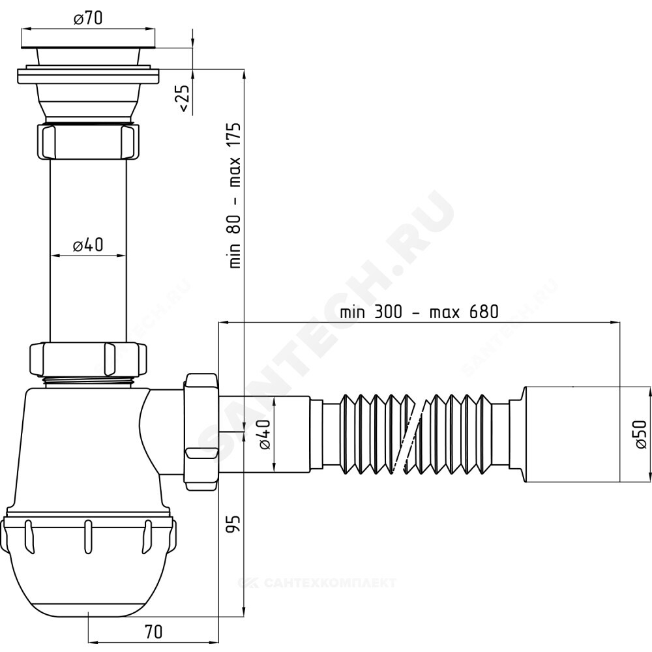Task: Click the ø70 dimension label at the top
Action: tap(88, 18)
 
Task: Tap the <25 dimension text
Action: tap(183, 98)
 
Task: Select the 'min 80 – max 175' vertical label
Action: tap(235, 195)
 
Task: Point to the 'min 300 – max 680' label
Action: tap(419, 312)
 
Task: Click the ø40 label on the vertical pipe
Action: tap(88, 245)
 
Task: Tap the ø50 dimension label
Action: tap(641, 434)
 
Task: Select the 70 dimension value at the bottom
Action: tap(153, 632)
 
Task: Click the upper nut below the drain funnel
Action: tap(88, 141)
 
